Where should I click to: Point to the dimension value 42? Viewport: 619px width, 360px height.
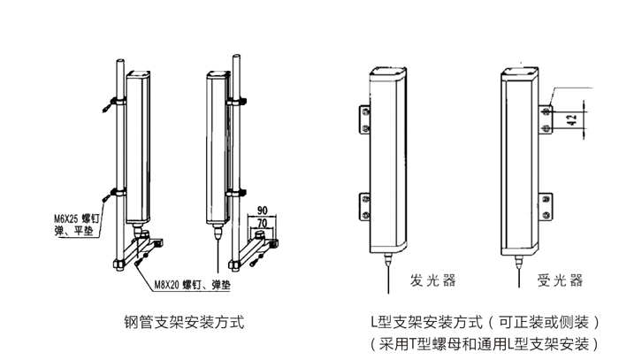[571, 120]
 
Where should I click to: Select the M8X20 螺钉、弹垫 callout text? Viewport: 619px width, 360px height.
[188, 285]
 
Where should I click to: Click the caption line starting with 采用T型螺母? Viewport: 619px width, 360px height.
[485, 341]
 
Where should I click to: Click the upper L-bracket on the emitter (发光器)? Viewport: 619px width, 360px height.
[364, 120]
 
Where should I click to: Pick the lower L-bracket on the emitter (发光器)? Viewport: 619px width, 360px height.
[364, 205]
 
